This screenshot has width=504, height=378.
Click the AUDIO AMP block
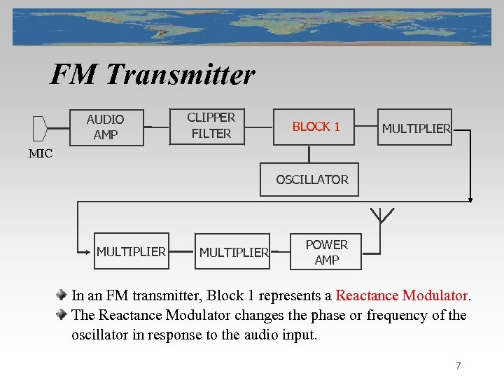[x=105, y=127]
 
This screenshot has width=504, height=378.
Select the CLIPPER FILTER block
[x=211, y=125]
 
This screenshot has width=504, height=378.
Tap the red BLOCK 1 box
[x=316, y=127]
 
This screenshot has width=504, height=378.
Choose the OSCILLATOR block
[x=311, y=180]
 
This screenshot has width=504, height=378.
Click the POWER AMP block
[x=326, y=252]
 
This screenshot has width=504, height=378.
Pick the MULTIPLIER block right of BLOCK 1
[x=415, y=127]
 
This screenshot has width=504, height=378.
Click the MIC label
[x=41, y=154]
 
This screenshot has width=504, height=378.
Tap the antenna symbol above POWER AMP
[x=381, y=214]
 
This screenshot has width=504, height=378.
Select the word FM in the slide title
[x=74, y=74]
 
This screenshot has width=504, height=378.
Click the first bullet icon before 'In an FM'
[x=62, y=295]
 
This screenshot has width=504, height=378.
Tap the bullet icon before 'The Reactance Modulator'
[x=62, y=315]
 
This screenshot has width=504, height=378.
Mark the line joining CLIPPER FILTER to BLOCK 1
[x=258, y=127]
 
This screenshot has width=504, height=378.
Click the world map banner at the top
[x=252, y=27]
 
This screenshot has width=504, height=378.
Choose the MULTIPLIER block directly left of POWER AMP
[x=233, y=252]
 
